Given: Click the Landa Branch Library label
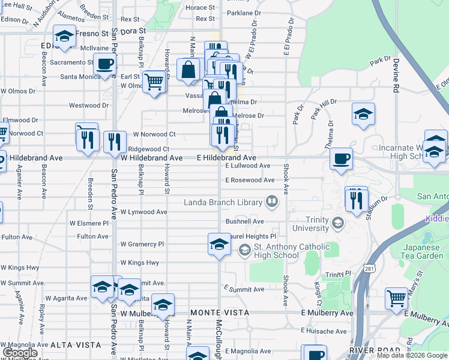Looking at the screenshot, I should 224,202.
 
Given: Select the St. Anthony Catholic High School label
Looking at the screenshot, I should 283,251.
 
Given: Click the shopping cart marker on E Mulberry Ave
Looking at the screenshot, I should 396,298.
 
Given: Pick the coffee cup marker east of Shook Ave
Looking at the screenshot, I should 341,159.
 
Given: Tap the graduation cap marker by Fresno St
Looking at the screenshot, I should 64,36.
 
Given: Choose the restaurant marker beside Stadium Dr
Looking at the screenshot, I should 357,200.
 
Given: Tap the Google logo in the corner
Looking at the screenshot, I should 20,353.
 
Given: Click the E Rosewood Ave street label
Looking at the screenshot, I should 250,180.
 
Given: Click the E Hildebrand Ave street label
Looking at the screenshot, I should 227,158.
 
